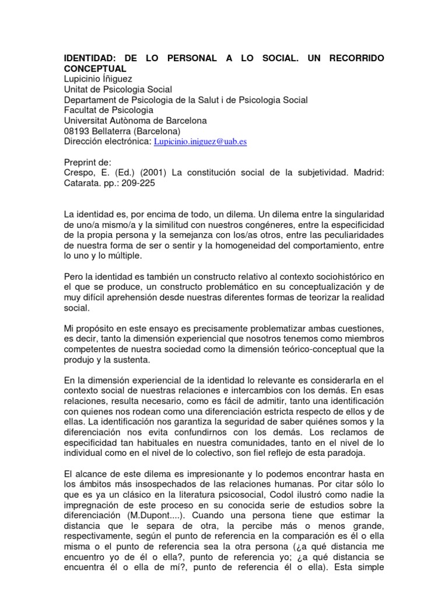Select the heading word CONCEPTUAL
click(x=95, y=69)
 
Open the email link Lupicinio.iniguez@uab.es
click(x=200, y=142)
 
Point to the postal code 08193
click(x=76, y=131)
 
